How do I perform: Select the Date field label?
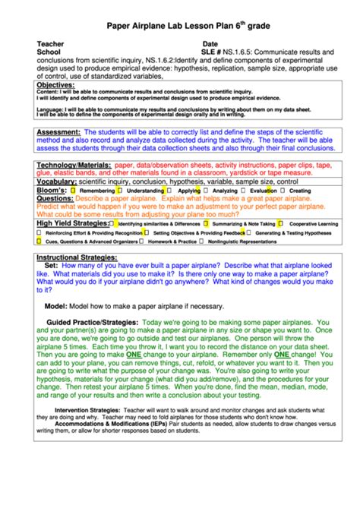click(x=210, y=44)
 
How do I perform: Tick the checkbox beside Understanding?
click(x=120, y=191)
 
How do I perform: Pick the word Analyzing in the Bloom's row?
click(x=224, y=191)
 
